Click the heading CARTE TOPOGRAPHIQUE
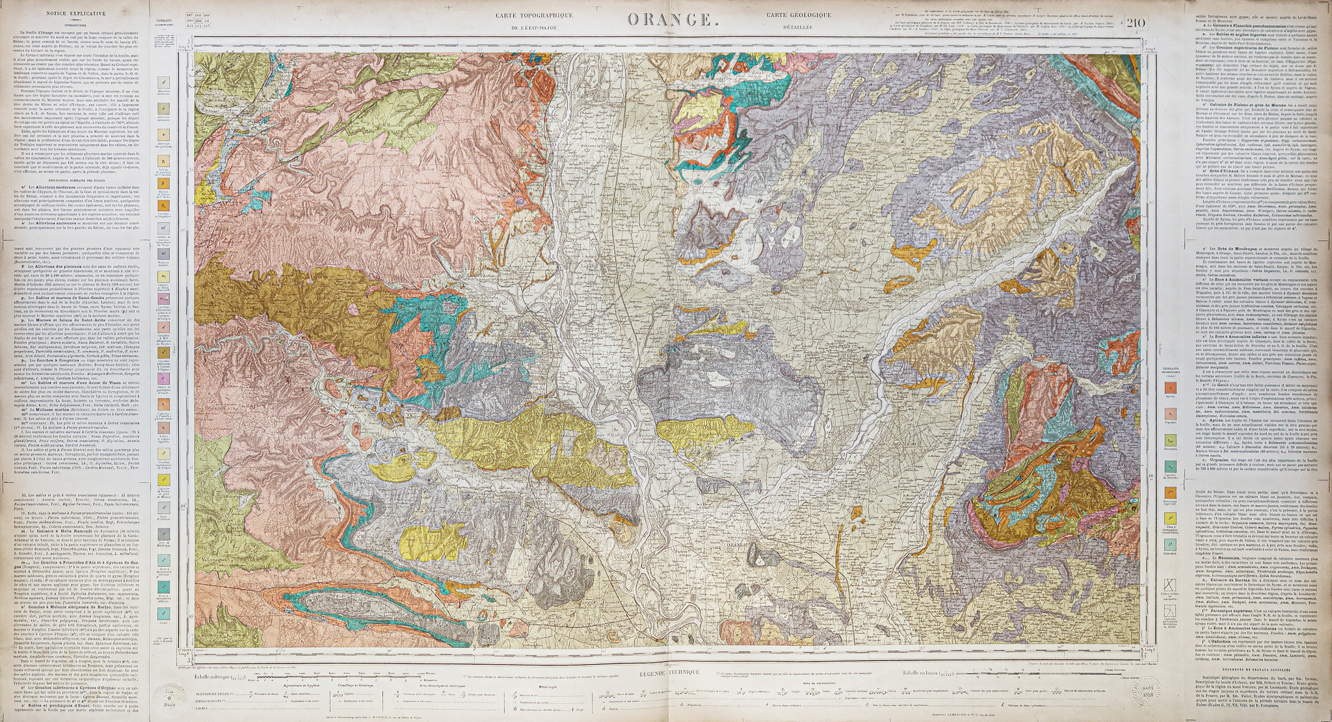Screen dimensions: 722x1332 [x=534, y=16]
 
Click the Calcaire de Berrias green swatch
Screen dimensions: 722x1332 [x=1171, y=466]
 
